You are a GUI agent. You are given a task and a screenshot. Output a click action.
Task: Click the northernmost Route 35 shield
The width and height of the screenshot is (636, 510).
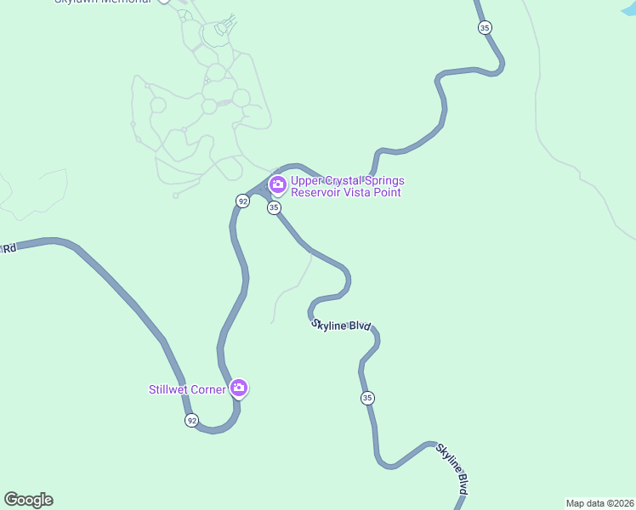pos(485,27)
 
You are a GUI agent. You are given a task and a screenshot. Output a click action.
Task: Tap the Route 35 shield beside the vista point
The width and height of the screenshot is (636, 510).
pos(274,207)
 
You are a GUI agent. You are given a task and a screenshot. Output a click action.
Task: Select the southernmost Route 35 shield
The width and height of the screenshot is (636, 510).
pos(367,398)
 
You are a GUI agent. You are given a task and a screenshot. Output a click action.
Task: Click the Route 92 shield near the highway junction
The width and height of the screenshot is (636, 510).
pos(243,201)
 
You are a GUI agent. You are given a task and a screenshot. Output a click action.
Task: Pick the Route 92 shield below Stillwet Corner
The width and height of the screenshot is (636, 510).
pos(192,420)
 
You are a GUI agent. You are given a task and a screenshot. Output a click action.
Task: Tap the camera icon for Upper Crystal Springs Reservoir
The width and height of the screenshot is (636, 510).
pos(277,184)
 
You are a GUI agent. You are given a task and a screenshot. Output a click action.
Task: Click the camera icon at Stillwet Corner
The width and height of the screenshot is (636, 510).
pos(239,388)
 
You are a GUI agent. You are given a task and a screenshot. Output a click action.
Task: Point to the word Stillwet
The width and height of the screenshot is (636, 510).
pos(172,390)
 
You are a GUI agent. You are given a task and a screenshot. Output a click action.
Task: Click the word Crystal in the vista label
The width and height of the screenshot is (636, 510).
pos(344,180)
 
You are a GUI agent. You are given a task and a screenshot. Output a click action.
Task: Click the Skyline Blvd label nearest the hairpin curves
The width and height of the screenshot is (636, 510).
pos(342,326)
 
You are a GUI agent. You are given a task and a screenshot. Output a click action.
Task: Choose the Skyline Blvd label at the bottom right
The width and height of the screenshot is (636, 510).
pos(453,468)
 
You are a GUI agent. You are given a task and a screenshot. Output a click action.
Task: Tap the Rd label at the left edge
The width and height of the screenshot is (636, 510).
pos(9,249)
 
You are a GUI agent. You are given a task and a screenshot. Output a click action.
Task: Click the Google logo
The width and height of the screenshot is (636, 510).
pos(29,500)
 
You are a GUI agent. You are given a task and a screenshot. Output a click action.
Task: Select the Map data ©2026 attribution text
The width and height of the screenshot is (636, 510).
pos(599,503)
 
